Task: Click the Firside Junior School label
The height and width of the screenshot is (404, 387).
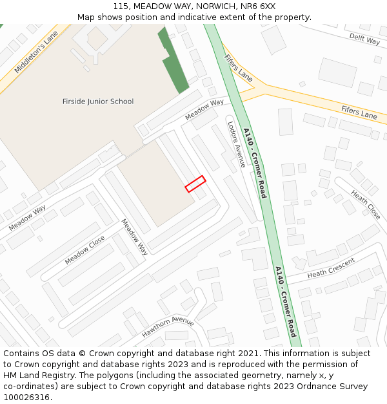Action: click(98, 101)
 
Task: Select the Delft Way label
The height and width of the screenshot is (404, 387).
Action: click(364, 39)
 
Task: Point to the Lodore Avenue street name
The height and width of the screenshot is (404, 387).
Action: click(236, 145)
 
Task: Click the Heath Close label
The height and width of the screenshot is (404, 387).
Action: click(366, 204)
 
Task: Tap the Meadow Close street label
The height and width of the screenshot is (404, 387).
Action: click(84, 250)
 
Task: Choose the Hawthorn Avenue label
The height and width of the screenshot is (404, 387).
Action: click(168, 327)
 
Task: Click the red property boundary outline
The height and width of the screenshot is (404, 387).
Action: click(195, 184)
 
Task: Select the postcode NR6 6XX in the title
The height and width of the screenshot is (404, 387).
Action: click(256, 6)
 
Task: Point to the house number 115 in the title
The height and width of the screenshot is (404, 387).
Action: click(121, 6)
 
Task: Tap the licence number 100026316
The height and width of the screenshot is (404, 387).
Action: click(26, 397)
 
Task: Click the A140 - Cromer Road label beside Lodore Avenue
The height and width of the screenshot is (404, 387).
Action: click(254, 162)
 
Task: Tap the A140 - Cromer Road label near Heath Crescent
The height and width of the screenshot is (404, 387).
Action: click(285, 301)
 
